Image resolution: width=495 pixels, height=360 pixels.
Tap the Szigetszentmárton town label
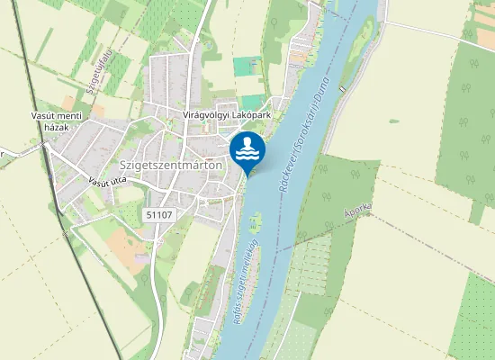click(171, 166)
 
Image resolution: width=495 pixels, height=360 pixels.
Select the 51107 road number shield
click(157, 214)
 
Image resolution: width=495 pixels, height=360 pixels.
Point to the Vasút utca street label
click(107, 182)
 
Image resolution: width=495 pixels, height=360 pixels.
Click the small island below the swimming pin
click(255, 218)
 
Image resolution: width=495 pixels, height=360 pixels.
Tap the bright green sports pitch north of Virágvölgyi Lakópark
click(244, 66)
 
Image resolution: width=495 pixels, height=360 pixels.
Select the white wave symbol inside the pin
click(247, 156)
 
